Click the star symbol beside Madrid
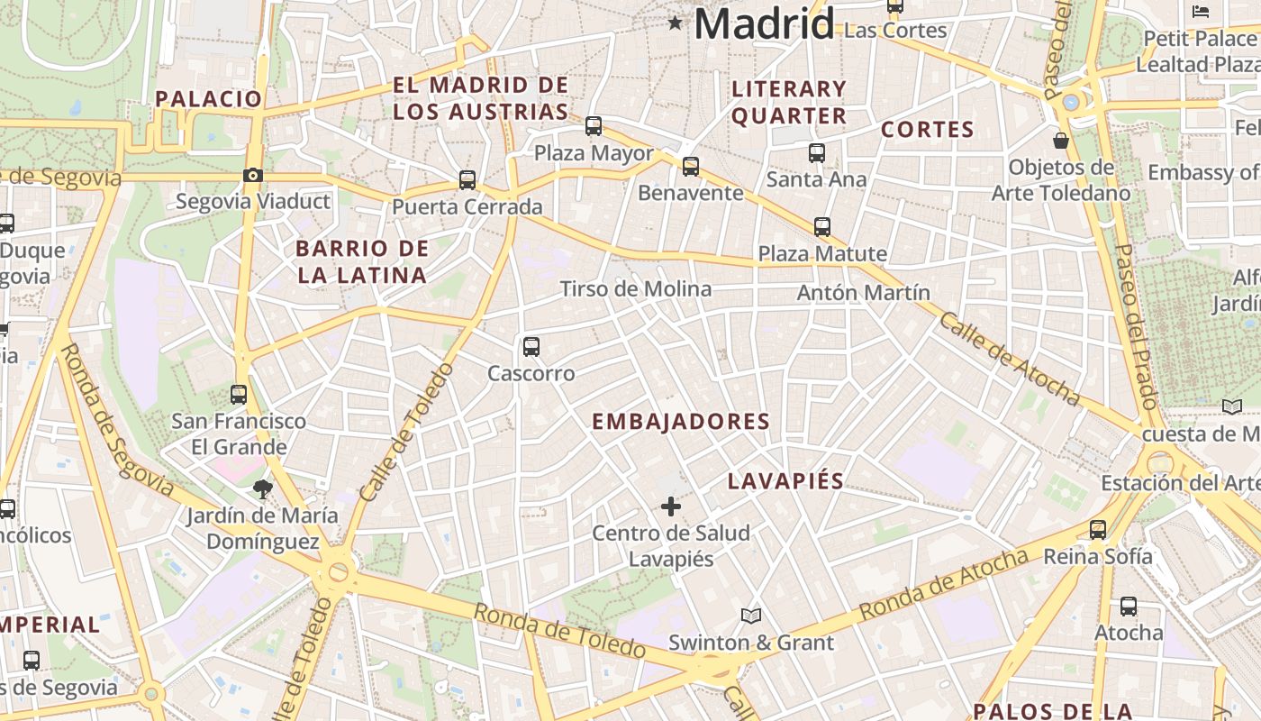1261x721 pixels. point(675,23)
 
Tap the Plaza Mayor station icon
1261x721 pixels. point(594,126)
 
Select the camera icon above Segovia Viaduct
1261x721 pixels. point(253,175)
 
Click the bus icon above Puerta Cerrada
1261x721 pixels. point(467,180)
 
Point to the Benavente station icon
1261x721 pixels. point(691,167)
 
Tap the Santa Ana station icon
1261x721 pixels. point(817,153)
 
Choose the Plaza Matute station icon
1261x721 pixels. point(822,227)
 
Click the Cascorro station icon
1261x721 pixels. point(531,347)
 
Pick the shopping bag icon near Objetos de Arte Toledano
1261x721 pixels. point(1061,141)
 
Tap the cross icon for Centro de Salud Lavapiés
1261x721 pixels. point(671,507)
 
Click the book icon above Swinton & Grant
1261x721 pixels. point(751,616)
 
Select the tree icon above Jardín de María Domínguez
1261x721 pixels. point(263,490)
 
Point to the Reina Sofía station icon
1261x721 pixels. point(1098,530)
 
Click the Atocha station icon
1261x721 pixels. point(1129,607)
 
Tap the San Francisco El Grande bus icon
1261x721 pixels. point(239,395)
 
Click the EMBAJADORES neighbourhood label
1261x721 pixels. point(681,422)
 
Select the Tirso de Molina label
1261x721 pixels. point(636,289)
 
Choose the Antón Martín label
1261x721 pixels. point(864,293)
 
